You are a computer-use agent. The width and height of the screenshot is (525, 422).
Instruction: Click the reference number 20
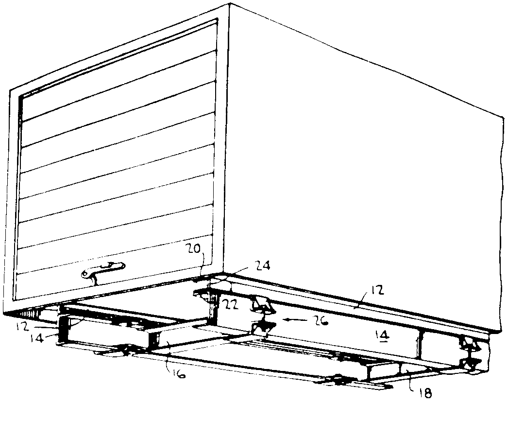(193, 249)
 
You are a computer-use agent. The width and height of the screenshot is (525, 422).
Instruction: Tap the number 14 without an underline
(36, 338)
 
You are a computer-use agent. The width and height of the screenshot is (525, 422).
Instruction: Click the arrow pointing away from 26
(295, 320)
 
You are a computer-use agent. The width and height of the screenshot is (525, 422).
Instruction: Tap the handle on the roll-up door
(103, 271)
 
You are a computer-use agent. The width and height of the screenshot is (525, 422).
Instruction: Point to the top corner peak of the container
(230, 4)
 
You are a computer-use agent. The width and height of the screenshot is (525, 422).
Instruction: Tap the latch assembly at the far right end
(471, 355)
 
